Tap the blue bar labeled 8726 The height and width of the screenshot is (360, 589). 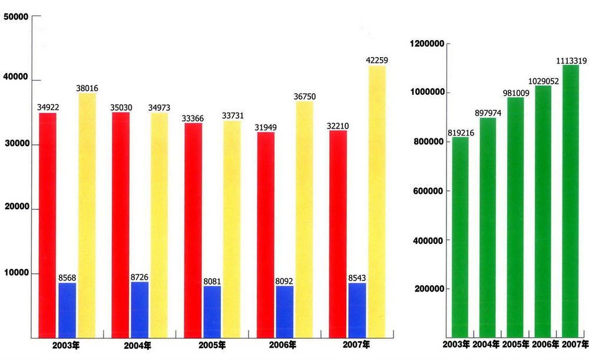click(x=140, y=310)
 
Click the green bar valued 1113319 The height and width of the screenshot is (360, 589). click(x=571, y=201)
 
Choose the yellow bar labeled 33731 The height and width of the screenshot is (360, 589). click(x=231, y=229)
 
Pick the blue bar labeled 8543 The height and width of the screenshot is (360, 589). click(x=357, y=311)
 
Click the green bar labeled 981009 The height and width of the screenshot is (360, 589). click(x=515, y=217)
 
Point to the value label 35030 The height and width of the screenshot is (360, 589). click(x=120, y=108)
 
